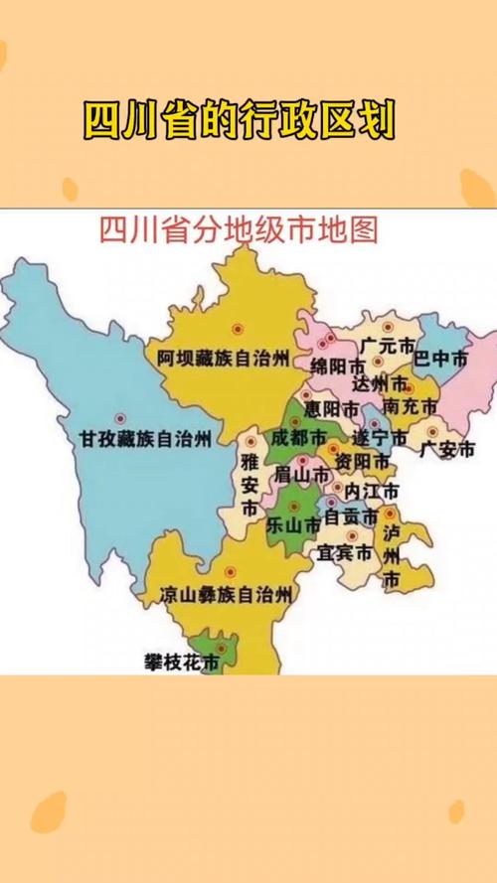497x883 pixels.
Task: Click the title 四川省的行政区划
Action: (x=239, y=122)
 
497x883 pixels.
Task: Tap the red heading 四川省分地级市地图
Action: (x=240, y=230)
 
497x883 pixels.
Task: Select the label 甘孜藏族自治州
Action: (x=146, y=438)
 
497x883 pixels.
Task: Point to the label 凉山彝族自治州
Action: (x=228, y=596)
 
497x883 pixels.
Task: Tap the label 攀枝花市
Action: (x=181, y=662)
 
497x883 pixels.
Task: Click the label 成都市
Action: (x=297, y=438)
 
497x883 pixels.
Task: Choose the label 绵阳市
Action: (x=336, y=366)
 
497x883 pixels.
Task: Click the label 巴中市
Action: (x=439, y=361)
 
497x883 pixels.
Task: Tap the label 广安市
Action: (x=444, y=449)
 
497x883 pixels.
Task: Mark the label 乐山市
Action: (x=294, y=524)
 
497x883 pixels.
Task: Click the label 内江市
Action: (x=372, y=492)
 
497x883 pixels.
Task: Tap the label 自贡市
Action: (x=351, y=517)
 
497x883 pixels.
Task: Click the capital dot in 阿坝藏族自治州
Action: (x=237, y=329)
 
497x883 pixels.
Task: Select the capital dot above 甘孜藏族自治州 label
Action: (x=120, y=417)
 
